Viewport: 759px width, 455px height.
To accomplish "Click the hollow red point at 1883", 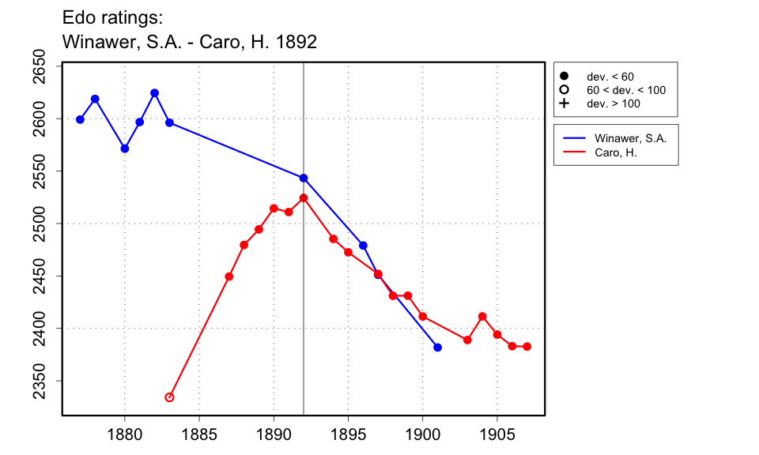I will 169,397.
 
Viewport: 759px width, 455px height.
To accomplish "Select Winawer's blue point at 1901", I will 437,348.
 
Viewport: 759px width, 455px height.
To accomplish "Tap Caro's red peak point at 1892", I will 304,197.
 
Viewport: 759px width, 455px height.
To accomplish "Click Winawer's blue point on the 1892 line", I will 304,178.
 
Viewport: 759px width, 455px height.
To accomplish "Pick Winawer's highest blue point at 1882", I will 154,93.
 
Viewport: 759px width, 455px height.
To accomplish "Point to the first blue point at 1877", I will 80,119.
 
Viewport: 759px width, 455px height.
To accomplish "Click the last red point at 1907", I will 527,347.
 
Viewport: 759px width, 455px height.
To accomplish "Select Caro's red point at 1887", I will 229,276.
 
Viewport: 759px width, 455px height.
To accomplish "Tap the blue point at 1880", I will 125,149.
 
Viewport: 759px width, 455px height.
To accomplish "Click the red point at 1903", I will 467,340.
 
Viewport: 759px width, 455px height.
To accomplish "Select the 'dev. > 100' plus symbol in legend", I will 565,103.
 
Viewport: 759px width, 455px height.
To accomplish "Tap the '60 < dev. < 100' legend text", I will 625,90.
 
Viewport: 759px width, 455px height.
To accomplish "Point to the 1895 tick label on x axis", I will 348,434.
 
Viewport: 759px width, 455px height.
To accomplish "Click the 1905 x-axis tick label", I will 497,434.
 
